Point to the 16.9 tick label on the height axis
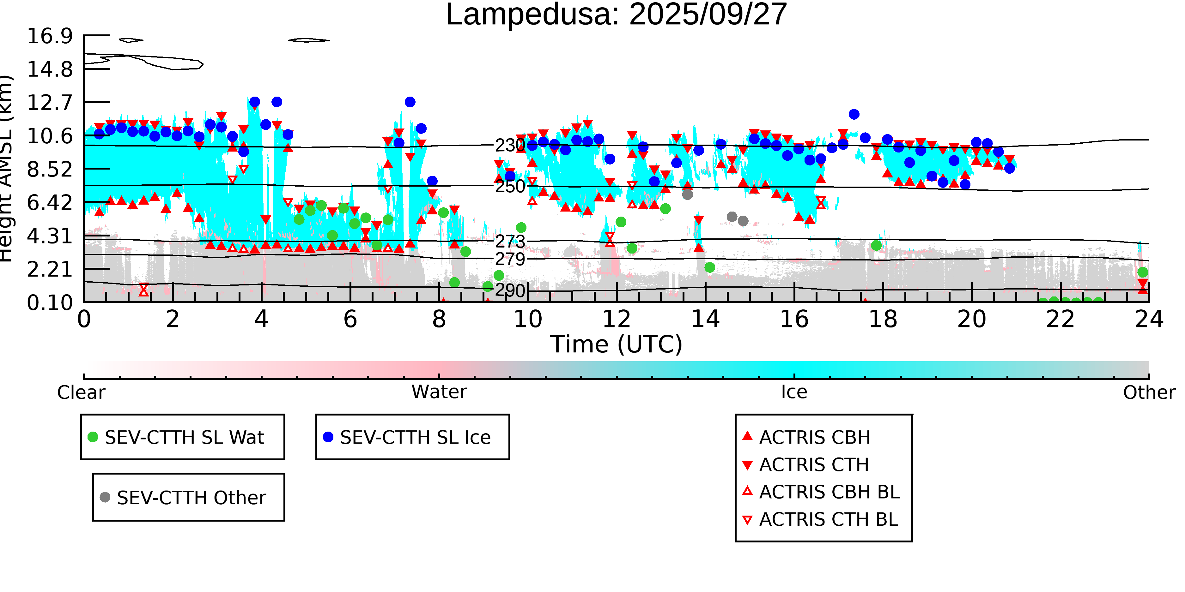pyautogui.click(x=50, y=36)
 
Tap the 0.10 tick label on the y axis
pyautogui.click(x=50, y=303)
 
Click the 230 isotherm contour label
pyautogui.click(x=510, y=145)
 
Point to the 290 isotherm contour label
pyautogui.click(x=510, y=290)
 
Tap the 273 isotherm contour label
pyautogui.click(x=510, y=241)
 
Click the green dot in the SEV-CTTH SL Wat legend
pyautogui.click(x=93, y=437)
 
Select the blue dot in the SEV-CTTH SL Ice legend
pyautogui.click(x=328, y=437)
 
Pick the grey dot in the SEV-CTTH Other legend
pyautogui.click(x=105, y=497)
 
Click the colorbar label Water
pyautogui.click(x=439, y=392)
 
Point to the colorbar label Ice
pyautogui.click(x=794, y=392)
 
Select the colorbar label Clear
pyautogui.click(x=81, y=392)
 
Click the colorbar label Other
pyautogui.click(x=1149, y=392)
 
